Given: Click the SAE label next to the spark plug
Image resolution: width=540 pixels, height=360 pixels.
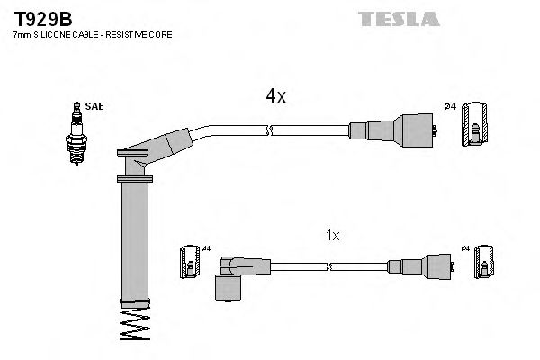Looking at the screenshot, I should (94, 106).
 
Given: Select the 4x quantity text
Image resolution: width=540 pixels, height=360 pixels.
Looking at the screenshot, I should (275, 96).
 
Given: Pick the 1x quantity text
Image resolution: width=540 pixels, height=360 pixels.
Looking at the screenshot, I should (332, 235).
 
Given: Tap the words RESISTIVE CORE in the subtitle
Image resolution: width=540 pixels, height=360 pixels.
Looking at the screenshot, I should (142, 34).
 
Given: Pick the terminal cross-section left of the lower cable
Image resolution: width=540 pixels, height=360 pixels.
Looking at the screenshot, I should (190, 261).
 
